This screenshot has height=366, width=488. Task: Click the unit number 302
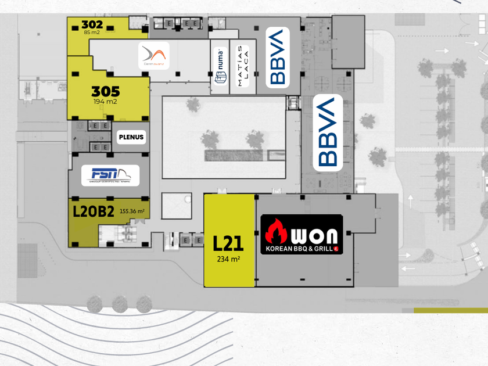(x=92, y=24)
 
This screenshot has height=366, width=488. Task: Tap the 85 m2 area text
(x=92, y=33)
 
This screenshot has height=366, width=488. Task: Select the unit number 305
(x=106, y=92)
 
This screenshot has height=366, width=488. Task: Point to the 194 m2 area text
(x=106, y=102)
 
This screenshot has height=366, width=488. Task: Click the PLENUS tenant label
(x=131, y=138)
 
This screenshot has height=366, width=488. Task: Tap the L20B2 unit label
(x=93, y=211)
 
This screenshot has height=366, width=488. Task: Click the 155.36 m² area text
(x=132, y=211)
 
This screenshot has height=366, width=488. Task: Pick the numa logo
(x=220, y=66)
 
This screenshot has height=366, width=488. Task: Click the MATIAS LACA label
(x=243, y=66)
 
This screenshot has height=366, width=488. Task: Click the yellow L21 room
(x=229, y=273)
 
